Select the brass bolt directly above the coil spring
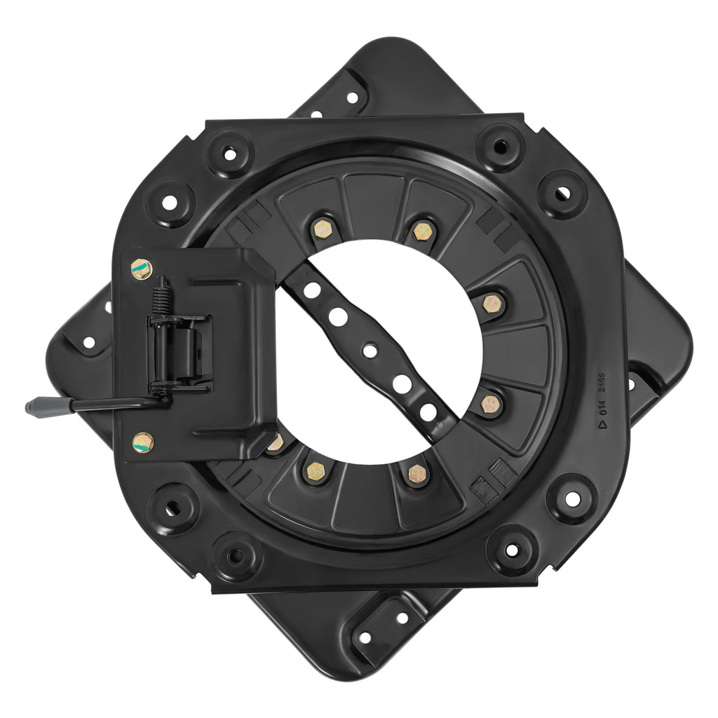[x=140, y=266]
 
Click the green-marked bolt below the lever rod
[x=142, y=440]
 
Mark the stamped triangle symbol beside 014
[x=601, y=422]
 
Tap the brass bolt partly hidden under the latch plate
[x=275, y=442]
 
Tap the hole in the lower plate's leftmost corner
[x=89, y=343]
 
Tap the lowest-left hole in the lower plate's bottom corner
[x=365, y=639]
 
